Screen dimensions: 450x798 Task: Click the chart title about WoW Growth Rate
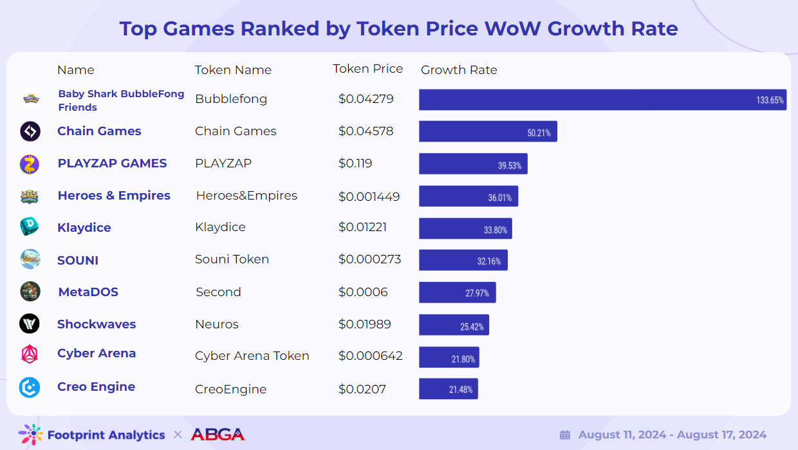pos(398,28)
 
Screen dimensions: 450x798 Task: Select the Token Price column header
pos(367,69)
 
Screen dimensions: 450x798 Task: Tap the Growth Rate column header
pos(459,70)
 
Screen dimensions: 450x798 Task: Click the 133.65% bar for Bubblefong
pos(602,100)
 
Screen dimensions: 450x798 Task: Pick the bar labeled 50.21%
pos(488,131)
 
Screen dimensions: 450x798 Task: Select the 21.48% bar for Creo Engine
pos(448,389)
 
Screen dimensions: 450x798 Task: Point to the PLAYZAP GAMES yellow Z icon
pos(30,164)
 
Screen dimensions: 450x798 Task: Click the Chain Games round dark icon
pos(30,131)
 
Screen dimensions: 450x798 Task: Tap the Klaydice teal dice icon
pos(30,227)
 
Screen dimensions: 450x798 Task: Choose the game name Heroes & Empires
pos(114,196)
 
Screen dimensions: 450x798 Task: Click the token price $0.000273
pos(369,259)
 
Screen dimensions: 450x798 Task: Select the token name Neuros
pos(217,324)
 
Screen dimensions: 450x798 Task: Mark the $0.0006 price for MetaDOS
pos(363,292)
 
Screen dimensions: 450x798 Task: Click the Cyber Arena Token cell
pos(252,356)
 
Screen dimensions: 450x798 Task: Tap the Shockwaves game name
pos(97,324)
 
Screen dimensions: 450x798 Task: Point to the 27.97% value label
pos(477,293)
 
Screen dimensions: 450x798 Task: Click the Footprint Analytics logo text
pos(106,435)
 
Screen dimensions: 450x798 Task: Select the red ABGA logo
pos(218,435)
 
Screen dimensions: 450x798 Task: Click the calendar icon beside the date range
pos(565,435)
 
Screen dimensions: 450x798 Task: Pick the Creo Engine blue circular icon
pos(30,387)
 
